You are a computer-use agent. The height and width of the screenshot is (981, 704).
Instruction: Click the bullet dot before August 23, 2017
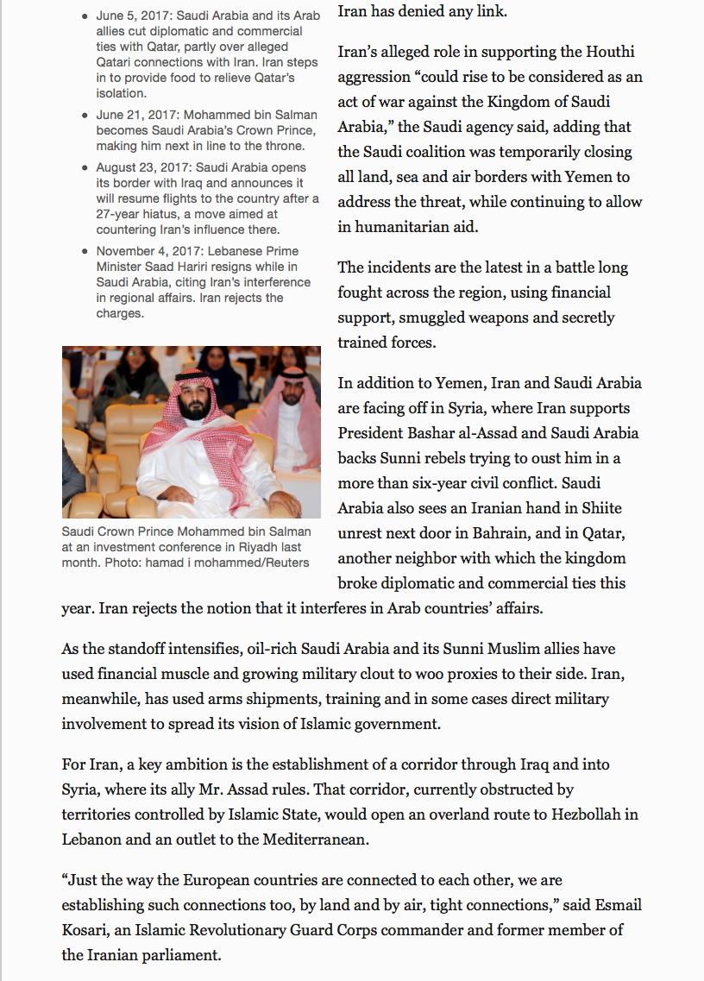85,167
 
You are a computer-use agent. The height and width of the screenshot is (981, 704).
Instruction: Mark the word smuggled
431,318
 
